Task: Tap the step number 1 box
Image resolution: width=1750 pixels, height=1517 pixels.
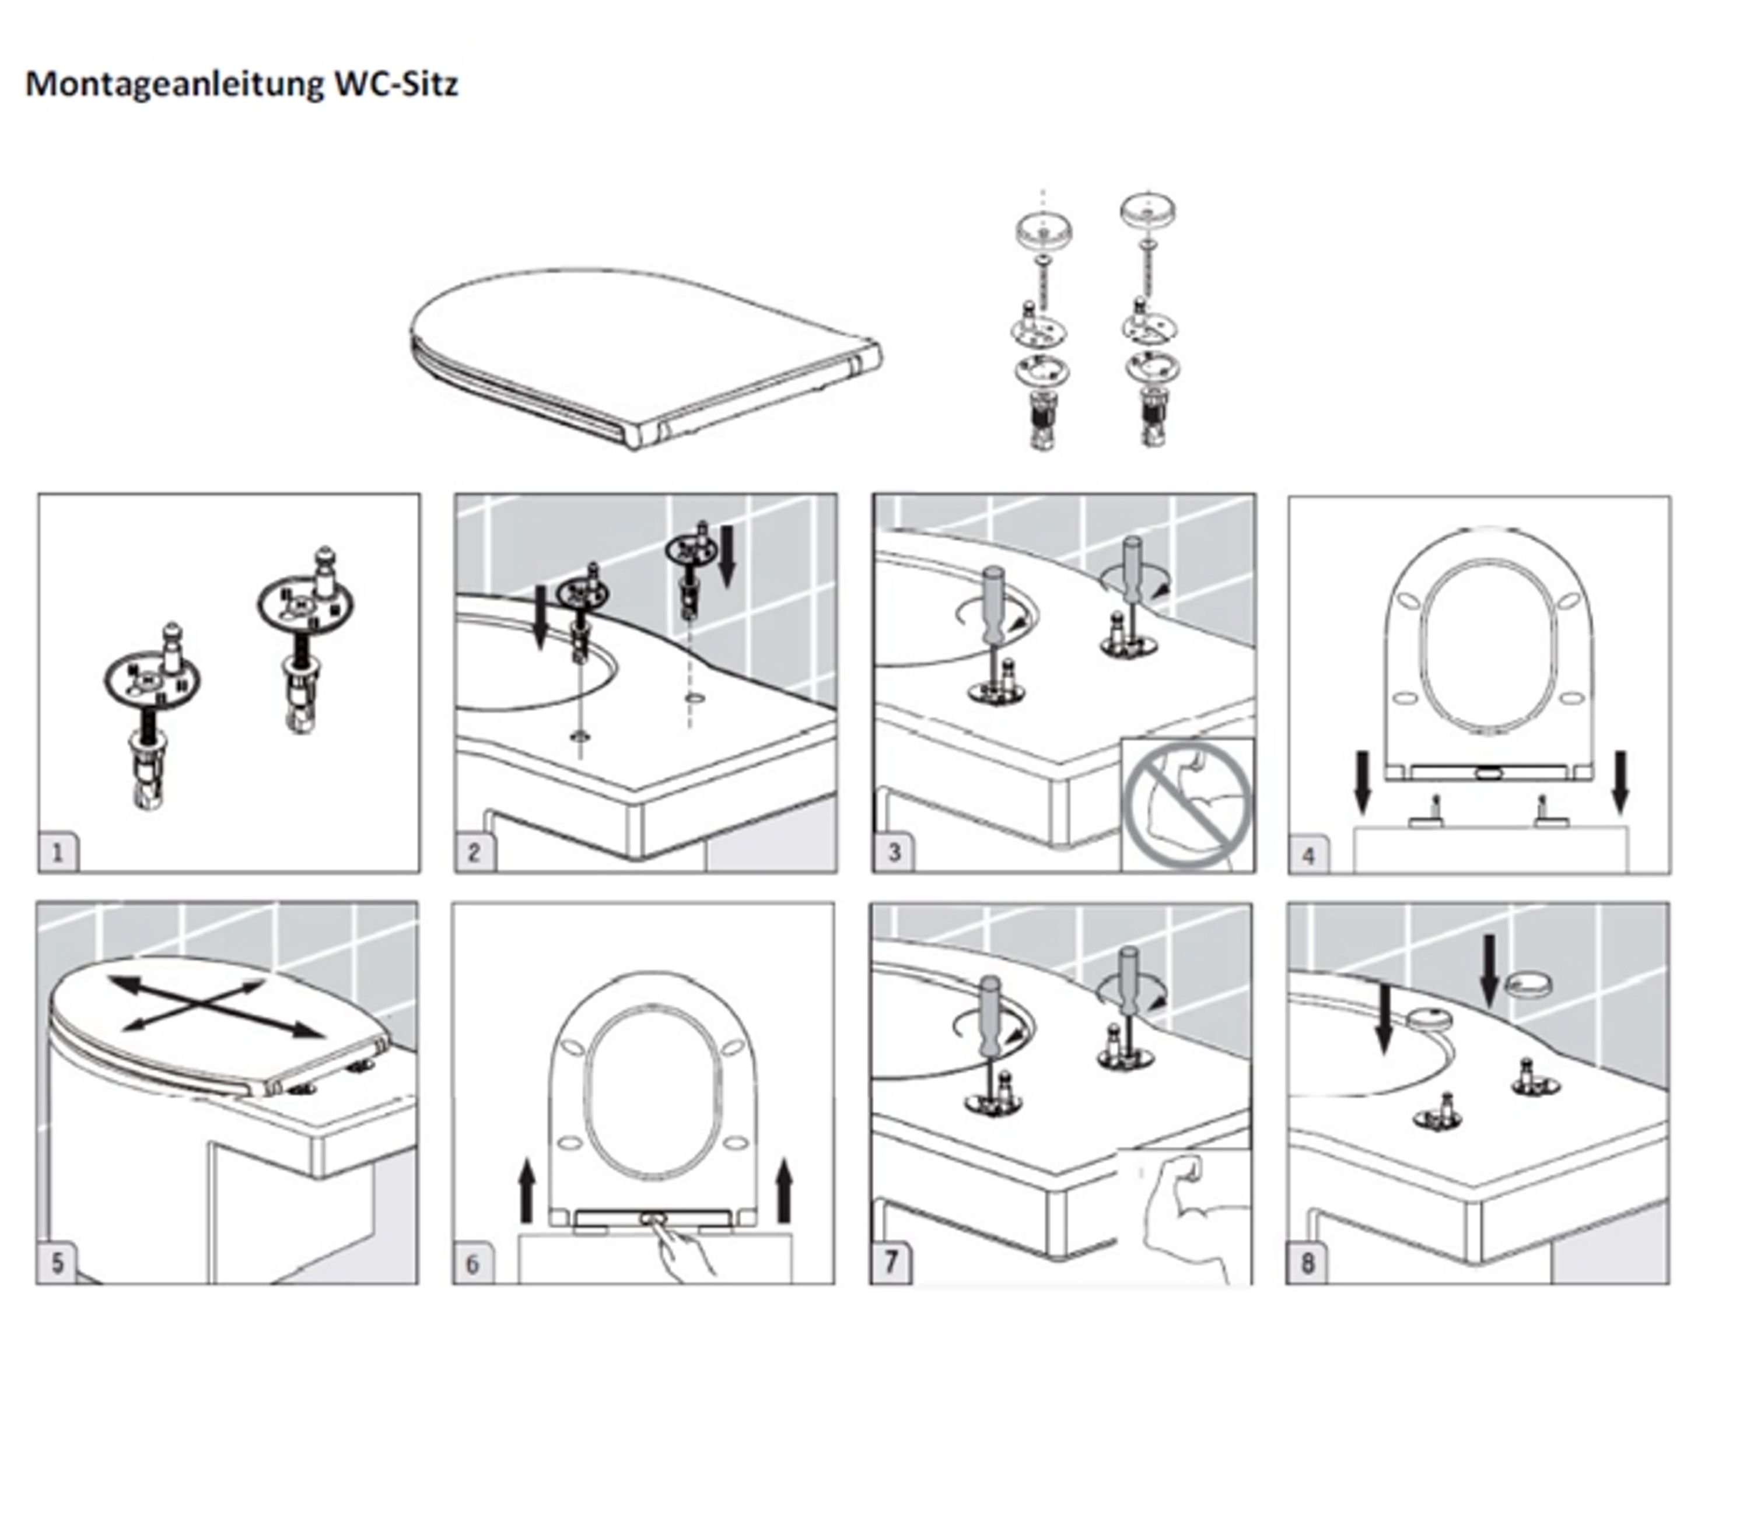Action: click(x=58, y=853)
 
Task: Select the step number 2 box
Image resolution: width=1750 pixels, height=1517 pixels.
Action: click(x=474, y=853)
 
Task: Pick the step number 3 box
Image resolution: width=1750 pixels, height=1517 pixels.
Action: click(x=893, y=853)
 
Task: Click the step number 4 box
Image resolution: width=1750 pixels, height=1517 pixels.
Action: click(x=1308, y=855)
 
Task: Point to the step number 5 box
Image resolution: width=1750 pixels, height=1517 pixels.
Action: click(x=57, y=1263)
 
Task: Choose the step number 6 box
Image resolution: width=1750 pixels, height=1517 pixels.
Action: click(x=473, y=1264)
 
